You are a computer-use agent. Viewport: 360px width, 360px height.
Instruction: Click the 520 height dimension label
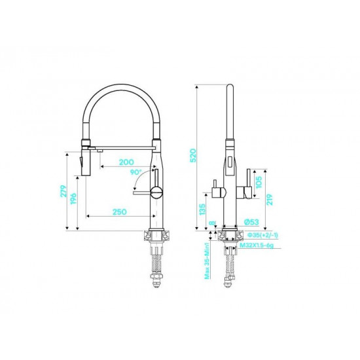(193, 155)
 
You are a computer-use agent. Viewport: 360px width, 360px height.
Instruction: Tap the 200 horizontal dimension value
(126, 162)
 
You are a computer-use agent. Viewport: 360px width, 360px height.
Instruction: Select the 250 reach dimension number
(119, 211)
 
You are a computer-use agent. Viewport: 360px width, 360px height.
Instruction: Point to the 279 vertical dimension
(63, 191)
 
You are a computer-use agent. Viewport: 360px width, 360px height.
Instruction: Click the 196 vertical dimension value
(73, 199)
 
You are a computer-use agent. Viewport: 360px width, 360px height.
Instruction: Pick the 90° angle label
(136, 172)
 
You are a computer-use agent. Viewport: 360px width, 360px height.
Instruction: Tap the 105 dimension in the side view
(259, 182)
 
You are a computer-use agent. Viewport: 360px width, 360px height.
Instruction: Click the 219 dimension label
(269, 199)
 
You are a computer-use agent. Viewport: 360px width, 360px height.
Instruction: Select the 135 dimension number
(202, 209)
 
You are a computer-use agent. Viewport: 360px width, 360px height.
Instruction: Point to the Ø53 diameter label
(251, 222)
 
